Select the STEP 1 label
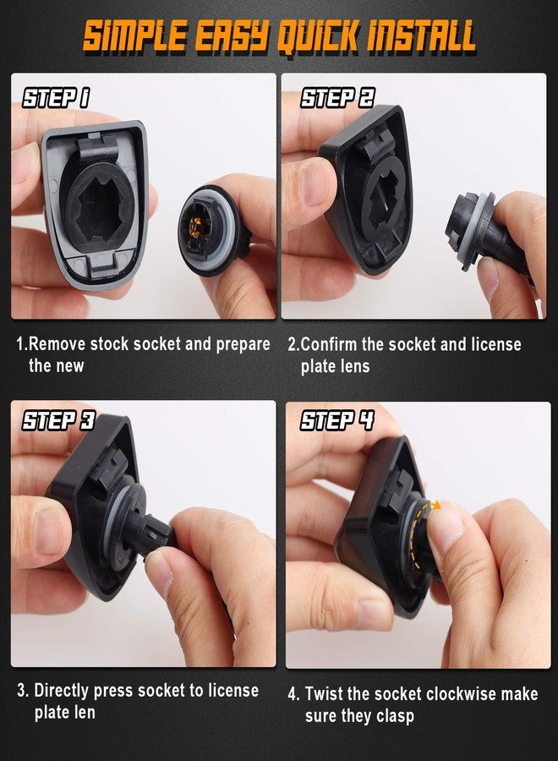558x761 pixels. pos(56,97)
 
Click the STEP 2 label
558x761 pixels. pos(337,97)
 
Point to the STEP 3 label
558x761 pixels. pos(58,420)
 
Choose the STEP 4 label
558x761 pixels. pos(337,420)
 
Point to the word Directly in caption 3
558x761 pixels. pos(61,690)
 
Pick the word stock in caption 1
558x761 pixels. pos(110,344)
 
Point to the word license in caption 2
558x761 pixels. pos(496,344)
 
